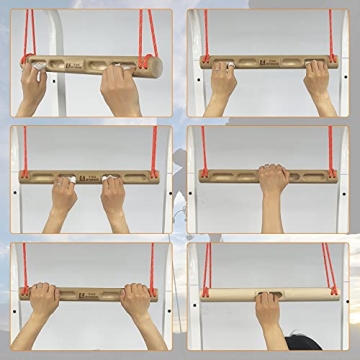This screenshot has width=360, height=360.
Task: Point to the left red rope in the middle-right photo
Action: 203,150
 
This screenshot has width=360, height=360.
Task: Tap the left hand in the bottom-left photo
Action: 43,301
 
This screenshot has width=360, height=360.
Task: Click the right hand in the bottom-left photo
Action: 137,301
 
